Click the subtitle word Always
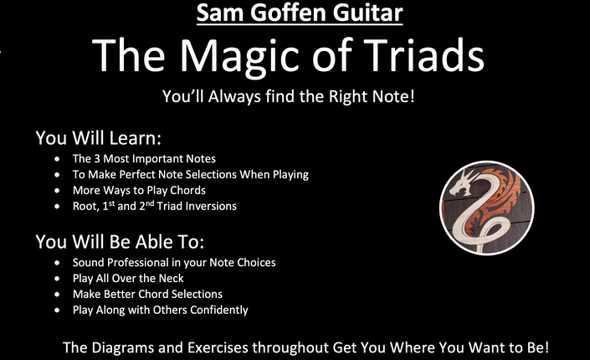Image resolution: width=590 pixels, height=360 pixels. pos(234,97)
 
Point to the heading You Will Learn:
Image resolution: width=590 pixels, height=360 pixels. pos(99,138)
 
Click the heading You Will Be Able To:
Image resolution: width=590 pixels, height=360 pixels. pos(120,242)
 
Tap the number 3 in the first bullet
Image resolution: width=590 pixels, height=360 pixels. pos(97,158)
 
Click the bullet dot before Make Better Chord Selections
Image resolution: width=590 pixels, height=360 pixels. pos(57,295)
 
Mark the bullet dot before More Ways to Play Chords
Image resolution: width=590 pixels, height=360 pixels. pos(57,191)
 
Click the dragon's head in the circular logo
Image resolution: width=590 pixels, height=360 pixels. pos(462,183)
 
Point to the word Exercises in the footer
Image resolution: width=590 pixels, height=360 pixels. pos(218,347)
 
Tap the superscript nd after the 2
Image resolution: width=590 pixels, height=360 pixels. pos(150,203)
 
